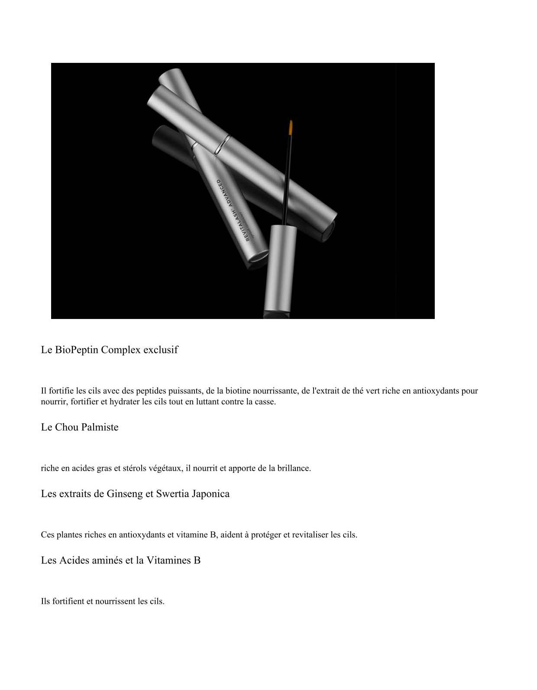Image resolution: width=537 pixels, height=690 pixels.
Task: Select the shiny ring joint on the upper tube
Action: coord(222,145)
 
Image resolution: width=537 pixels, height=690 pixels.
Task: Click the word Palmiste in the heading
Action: coord(100,427)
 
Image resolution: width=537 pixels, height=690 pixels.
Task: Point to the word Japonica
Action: coord(210,494)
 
